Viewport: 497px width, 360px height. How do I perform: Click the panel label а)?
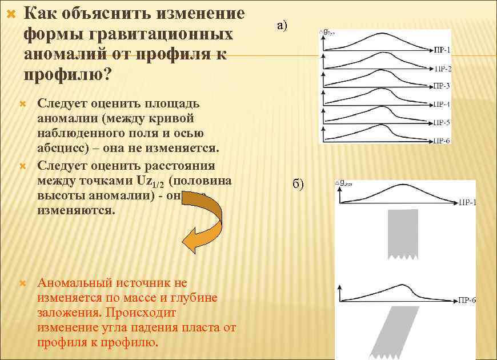[283, 25]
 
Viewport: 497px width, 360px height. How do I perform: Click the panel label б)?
[298, 183]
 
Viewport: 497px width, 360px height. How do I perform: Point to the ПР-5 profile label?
[440, 122]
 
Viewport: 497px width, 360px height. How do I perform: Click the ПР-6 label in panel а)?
[440, 140]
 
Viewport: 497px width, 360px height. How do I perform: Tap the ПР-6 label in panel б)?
[467, 300]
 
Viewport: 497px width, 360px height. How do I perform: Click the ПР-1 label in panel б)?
[467, 203]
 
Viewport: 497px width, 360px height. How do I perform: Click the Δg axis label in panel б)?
[346, 184]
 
